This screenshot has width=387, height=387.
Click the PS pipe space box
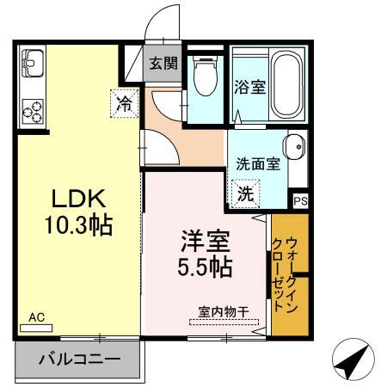[x=299, y=200]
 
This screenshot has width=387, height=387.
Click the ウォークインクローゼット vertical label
[x=288, y=273]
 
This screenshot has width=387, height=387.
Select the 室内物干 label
[x=224, y=311]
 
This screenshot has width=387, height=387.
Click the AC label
[x=36, y=316]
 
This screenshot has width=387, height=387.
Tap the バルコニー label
[x=79, y=359]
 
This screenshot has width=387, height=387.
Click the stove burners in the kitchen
[x=34, y=110]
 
